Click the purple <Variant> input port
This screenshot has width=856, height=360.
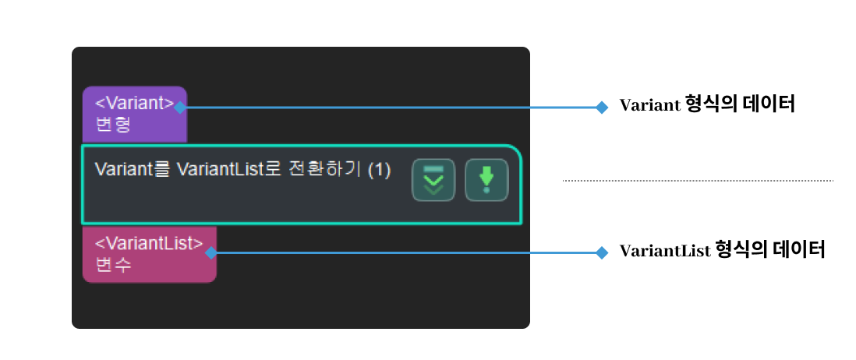coord(134,114)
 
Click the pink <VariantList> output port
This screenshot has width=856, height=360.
coord(149,254)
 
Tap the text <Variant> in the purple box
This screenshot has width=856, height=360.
coord(134,103)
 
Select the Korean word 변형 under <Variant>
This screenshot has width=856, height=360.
coord(111,125)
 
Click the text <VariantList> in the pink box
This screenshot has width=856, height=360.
coord(149,243)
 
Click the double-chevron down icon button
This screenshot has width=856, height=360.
coord(433,181)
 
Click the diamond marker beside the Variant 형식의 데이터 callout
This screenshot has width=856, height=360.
coord(601,108)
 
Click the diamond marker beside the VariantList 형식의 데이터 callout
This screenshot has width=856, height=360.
coord(601,252)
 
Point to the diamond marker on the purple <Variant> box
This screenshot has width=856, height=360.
coord(180,108)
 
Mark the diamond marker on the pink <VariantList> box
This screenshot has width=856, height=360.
coord(210,252)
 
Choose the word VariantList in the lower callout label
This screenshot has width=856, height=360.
coord(664,251)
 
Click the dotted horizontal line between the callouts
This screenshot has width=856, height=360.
coord(698,181)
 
